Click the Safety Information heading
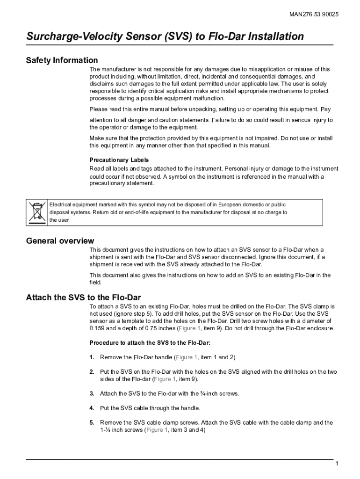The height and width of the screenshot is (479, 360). (62, 60)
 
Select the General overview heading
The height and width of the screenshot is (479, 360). (60, 241)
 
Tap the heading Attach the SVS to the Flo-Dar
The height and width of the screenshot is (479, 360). (83, 298)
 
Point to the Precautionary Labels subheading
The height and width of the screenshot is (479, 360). (119, 160)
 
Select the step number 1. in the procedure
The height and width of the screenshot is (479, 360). (92, 357)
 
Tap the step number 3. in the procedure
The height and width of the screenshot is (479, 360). (92, 393)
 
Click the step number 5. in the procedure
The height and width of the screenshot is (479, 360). (92, 422)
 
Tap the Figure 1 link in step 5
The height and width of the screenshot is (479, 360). (158, 430)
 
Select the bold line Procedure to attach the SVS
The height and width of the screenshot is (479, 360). (150, 342)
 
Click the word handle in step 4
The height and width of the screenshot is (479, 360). (189, 408)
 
